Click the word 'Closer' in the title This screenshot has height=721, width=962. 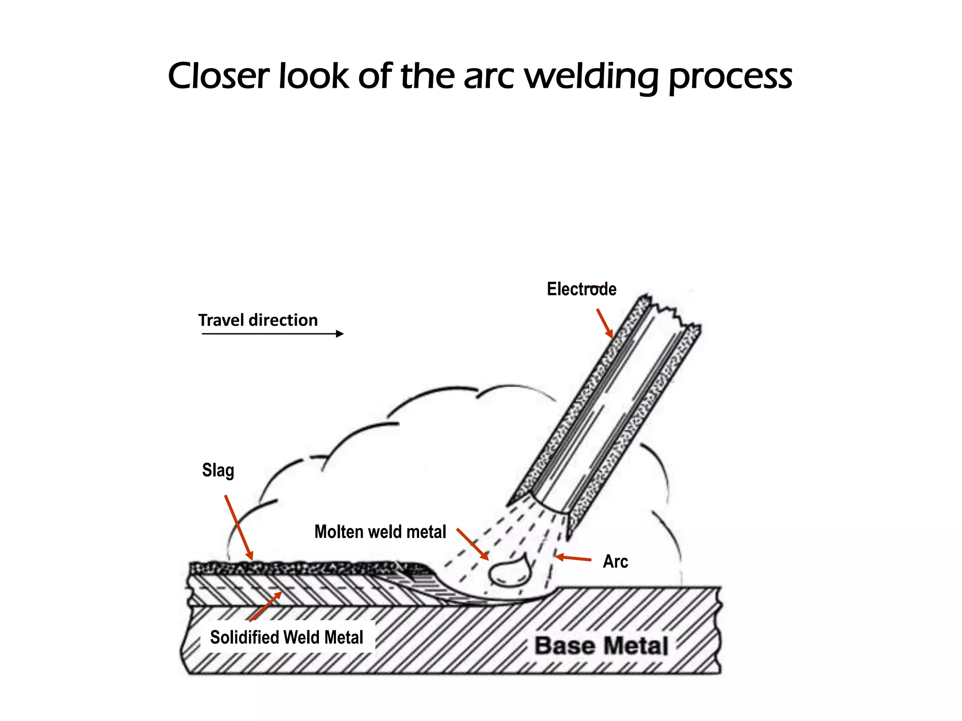click(219, 76)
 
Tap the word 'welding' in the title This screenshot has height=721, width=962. click(591, 76)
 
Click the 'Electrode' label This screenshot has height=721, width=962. click(581, 289)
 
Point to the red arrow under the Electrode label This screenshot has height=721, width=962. click(605, 323)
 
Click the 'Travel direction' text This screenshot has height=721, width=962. click(258, 320)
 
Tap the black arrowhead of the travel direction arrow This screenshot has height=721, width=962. click(340, 334)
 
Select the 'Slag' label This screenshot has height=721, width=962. click(217, 470)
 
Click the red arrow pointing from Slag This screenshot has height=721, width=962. click(239, 528)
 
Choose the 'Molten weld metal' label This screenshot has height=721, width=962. click(380, 532)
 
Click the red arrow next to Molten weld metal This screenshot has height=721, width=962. click(473, 544)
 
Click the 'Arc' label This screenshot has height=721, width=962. click(615, 561)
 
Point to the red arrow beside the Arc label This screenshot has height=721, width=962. click(573, 558)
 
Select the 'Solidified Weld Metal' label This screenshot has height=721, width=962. click(287, 637)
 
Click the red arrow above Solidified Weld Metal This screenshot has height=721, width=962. click(266, 606)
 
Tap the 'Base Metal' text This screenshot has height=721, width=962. click(601, 646)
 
